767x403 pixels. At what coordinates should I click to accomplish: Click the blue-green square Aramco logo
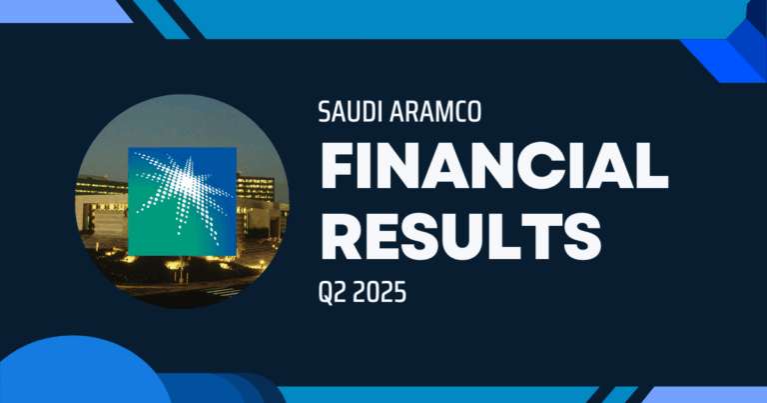[x=182, y=200]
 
